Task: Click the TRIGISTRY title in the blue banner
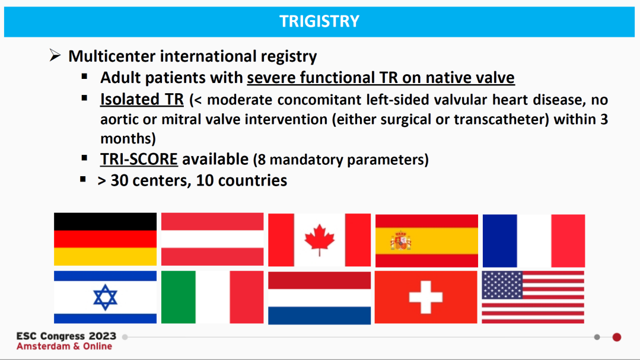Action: pyautogui.click(x=319, y=21)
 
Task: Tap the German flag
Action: pyautogui.click(x=106, y=239)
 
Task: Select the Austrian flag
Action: pyautogui.click(x=212, y=239)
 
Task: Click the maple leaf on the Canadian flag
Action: pyautogui.click(x=320, y=240)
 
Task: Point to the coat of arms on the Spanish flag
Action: pyautogui.click(x=400, y=241)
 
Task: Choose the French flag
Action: pyautogui.click(x=534, y=241)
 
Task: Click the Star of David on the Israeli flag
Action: pyautogui.click(x=106, y=298)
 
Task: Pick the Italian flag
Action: pyautogui.click(x=212, y=297)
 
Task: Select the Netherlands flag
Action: pyautogui.click(x=320, y=298)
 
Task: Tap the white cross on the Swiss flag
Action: pyautogui.click(x=426, y=297)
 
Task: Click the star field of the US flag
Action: pyautogui.click(x=502, y=285)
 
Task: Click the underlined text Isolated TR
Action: pyautogui.click(x=142, y=99)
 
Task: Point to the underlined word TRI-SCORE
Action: pyautogui.click(x=139, y=159)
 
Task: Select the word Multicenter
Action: pyautogui.click(x=112, y=56)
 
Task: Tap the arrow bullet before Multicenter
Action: pyautogui.click(x=55, y=55)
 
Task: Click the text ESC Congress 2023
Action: pyautogui.click(x=66, y=336)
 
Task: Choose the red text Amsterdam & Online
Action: pyautogui.click(x=64, y=346)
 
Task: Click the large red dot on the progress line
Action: pyautogui.click(x=617, y=337)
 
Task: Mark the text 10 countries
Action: pyautogui.click(x=241, y=180)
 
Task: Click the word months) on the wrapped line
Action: pyautogui.click(x=128, y=139)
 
